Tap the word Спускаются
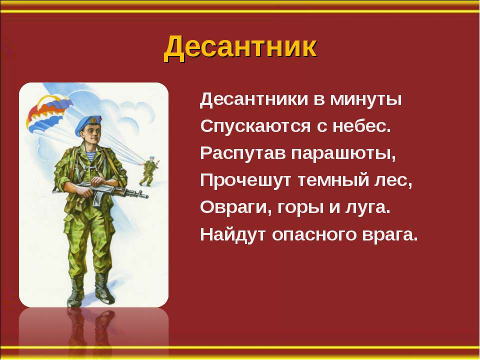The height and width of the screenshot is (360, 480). pos(255,126)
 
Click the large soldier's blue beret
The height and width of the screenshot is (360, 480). pos(87,124)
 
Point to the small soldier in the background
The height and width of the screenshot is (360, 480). pos(149,171)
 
